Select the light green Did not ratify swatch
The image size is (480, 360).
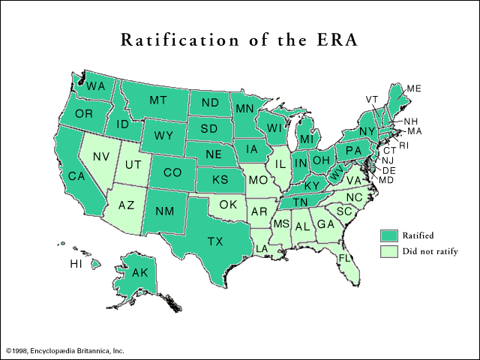(389, 251)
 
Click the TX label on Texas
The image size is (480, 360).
(215, 241)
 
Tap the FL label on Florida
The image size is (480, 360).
(344, 257)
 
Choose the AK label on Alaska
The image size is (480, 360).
(140, 274)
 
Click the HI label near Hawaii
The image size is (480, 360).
(76, 265)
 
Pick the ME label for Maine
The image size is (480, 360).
(413, 88)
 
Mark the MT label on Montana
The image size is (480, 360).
(157, 100)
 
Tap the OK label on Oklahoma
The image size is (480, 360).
(229, 203)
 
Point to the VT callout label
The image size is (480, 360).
(372, 99)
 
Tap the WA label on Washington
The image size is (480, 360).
(95, 86)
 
